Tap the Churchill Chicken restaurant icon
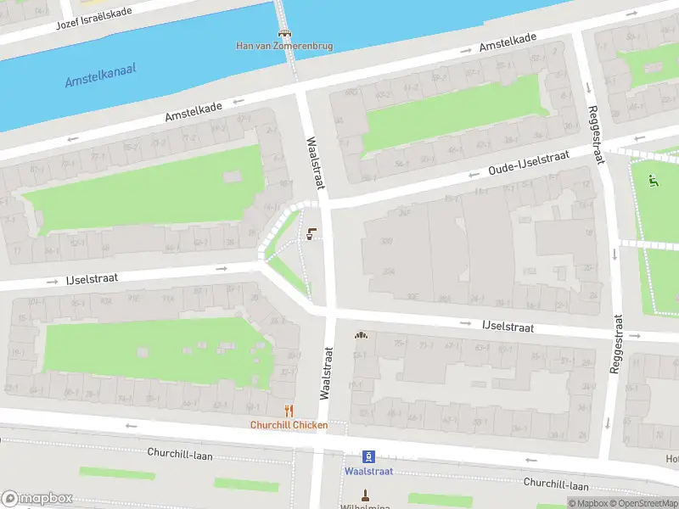289,411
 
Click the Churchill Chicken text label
289,425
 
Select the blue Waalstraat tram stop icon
368,456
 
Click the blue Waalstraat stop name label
368,471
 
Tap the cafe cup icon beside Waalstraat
311,235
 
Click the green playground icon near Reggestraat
652,180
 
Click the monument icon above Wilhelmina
367,493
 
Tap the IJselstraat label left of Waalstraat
92,277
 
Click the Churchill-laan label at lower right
556,484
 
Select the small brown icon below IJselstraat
361,335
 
